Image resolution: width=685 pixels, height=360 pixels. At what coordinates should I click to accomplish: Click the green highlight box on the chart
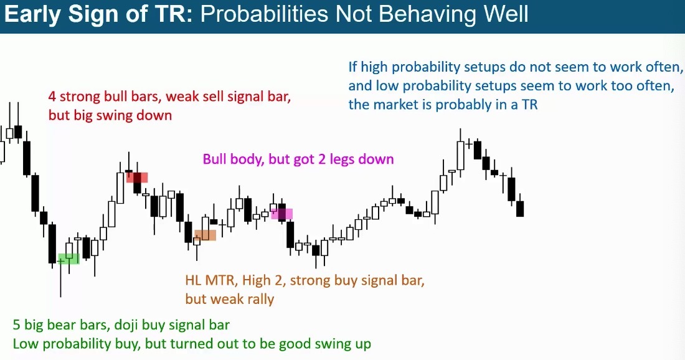pyautogui.click(x=68, y=259)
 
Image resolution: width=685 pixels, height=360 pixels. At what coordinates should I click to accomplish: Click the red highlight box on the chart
pyautogui.click(x=137, y=178)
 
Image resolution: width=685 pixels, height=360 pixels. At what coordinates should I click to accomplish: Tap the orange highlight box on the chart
pyautogui.click(x=205, y=235)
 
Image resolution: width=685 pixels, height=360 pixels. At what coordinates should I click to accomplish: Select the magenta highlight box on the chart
pyautogui.click(x=281, y=214)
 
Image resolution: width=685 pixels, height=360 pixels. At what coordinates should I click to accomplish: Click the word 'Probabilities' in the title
pyautogui.click(x=264, y=14)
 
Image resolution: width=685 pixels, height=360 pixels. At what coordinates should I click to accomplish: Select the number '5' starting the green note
pyautogui.click(x=17, y=325)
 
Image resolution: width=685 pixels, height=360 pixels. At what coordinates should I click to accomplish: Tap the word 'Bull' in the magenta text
pyautogui.click(x=214, y=159)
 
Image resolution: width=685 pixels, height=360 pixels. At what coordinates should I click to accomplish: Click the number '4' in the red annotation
pyautogui.click(x=52, y=97)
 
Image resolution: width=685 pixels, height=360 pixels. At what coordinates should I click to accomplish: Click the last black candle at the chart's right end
pyautogui.click(x=520, y=209)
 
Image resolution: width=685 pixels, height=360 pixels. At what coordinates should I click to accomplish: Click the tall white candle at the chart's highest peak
pyautogui.click(x=460, y=155)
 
